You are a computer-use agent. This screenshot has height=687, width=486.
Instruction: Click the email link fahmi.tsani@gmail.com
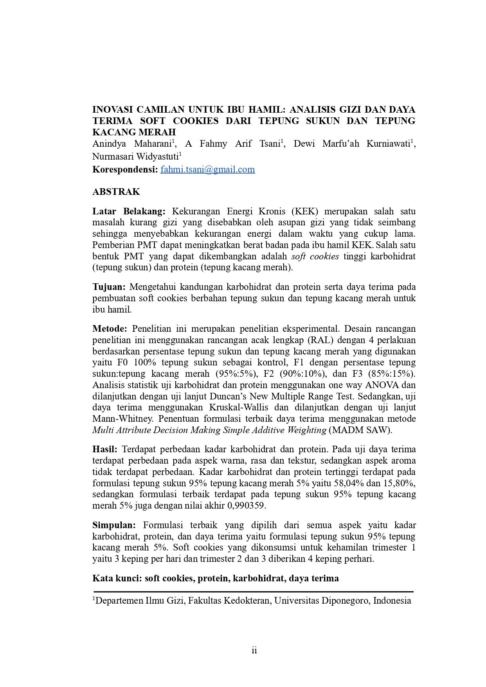(207, 169)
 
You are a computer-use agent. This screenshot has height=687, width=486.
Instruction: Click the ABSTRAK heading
(116, 192)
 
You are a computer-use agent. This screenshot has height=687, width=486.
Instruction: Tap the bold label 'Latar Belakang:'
(129, 211)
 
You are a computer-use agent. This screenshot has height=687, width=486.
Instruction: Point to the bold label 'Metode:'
(110, 328)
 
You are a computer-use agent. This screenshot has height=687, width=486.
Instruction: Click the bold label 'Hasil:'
(105, 449)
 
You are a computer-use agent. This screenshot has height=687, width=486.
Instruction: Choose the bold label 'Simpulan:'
(114, 525)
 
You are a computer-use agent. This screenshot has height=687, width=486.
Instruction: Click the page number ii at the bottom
(254, 650)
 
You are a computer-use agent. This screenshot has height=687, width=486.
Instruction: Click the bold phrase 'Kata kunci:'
(117, 578)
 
